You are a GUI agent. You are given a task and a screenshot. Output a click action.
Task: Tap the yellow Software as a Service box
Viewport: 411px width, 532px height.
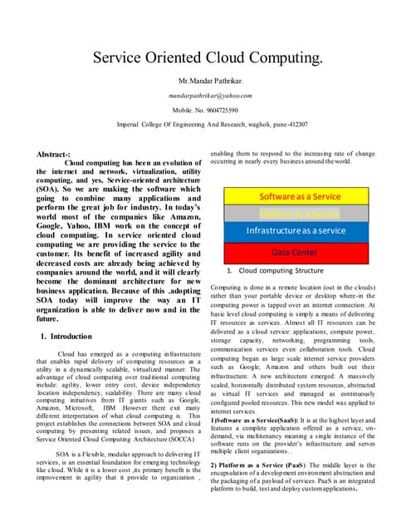300,197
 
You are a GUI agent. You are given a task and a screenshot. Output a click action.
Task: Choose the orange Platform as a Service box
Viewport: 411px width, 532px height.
300,214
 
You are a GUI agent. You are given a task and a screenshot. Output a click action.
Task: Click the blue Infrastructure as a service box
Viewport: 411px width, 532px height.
300,230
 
